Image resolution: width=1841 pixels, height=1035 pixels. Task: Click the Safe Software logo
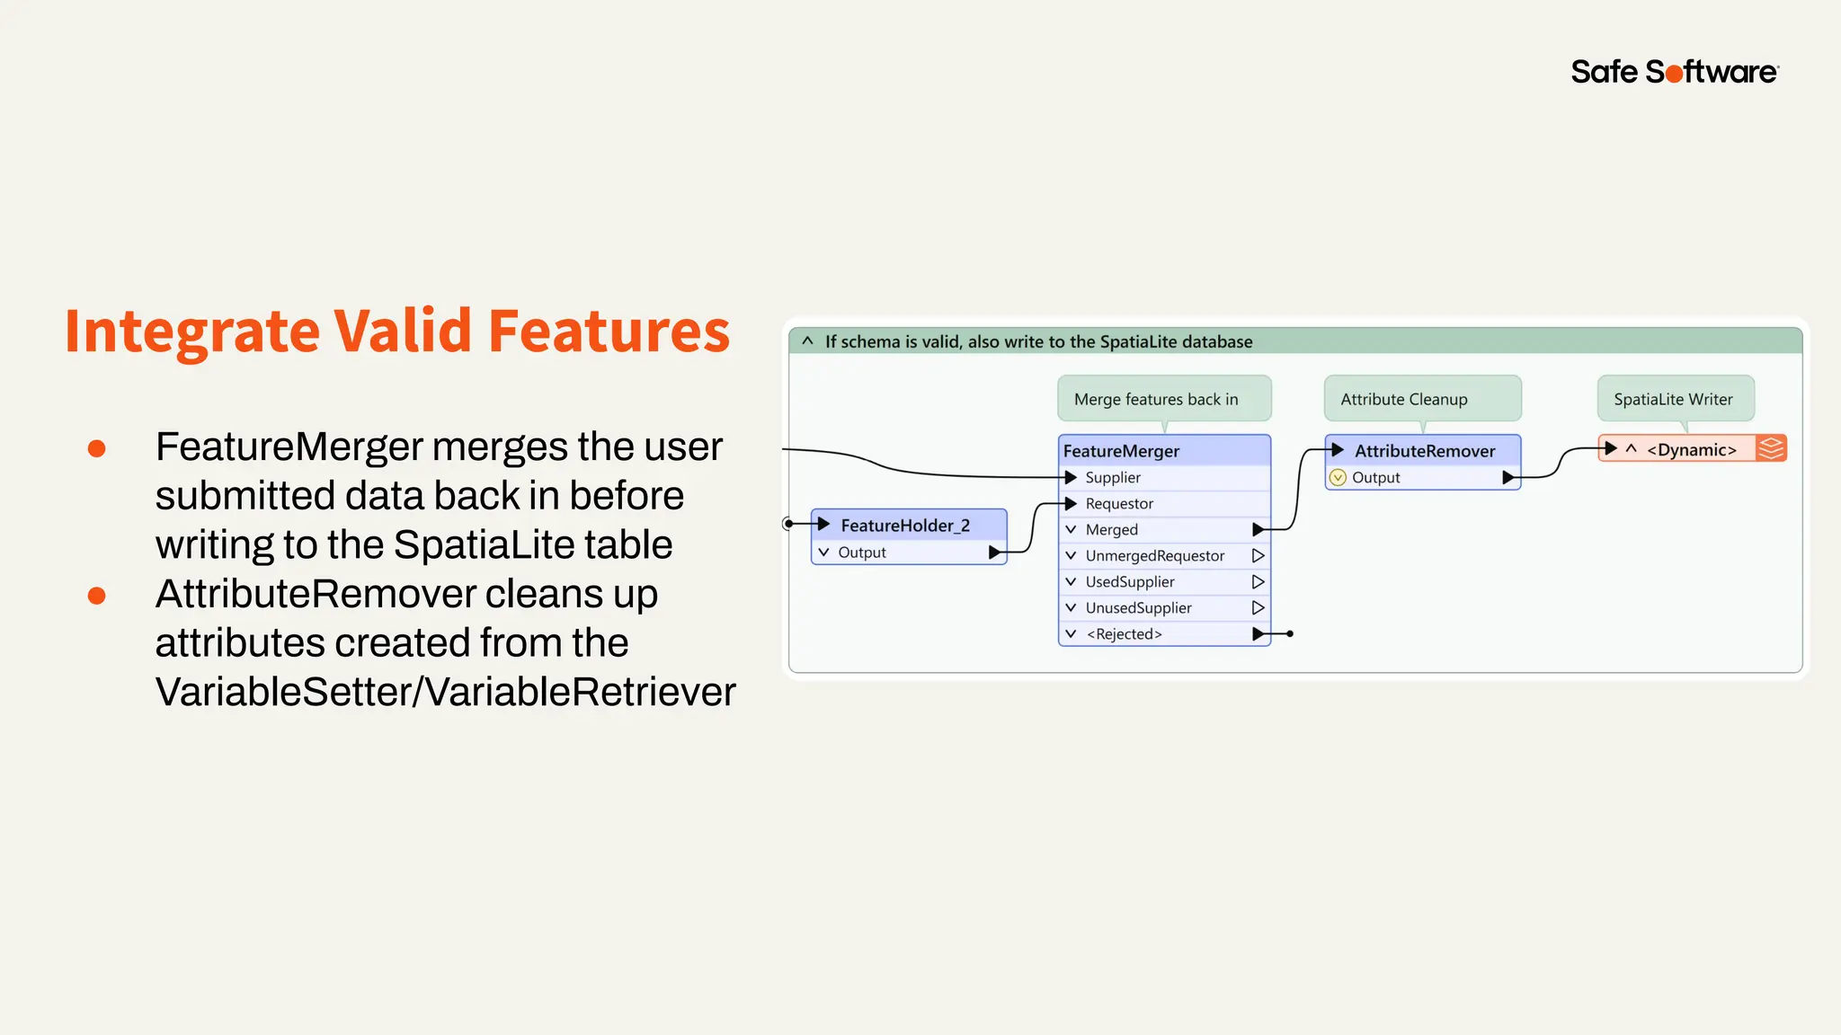(x=1674, y=71)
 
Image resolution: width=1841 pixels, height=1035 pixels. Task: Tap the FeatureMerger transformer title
(x=1121, y=451)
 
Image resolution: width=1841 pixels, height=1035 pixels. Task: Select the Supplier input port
(x=1072, y=477)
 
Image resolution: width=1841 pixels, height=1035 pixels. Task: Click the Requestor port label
(x=1119, y=504)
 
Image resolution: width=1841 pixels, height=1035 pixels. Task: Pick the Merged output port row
(x=1164, y=530)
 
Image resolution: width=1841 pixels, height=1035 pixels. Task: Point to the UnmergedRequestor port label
(x=1154, y=556)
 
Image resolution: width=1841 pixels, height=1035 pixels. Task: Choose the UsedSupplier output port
(x=1258, y=582)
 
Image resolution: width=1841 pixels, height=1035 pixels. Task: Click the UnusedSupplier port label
(x=1138, y=608)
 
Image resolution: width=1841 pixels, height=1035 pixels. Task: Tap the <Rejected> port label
(x=1124, y=634)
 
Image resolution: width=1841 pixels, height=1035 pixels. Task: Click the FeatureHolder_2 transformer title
(x=905, y=526)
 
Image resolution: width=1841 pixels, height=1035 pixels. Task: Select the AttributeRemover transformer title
(x=1425, y=451)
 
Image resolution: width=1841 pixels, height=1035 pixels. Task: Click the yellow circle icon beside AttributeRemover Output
(x=1338, y=478)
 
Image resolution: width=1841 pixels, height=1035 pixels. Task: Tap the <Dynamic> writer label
(x=1691, y=450)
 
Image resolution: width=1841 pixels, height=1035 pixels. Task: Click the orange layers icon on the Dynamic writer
(x=1771, y=448)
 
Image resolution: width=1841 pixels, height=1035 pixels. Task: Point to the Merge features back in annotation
(x=1156, y=399)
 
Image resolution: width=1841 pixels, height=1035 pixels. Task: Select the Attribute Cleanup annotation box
(x=1404, y=399)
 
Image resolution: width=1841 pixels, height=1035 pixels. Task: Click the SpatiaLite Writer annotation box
(x=1673, y=399)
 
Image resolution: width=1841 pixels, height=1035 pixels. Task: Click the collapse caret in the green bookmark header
(x=807, y=341)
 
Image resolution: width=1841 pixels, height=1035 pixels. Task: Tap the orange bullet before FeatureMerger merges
(x=97, y=448)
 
